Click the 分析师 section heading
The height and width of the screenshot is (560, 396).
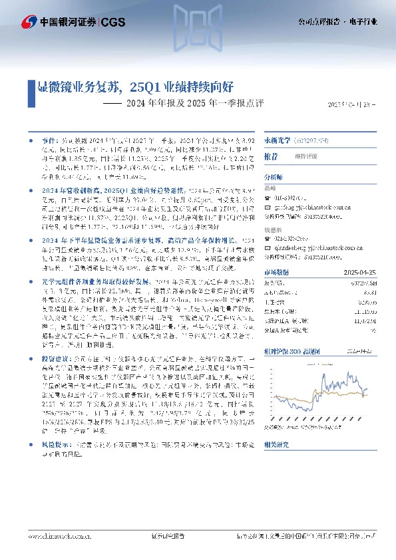coord(274,178)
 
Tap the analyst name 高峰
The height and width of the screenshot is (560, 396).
coord(271,188)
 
